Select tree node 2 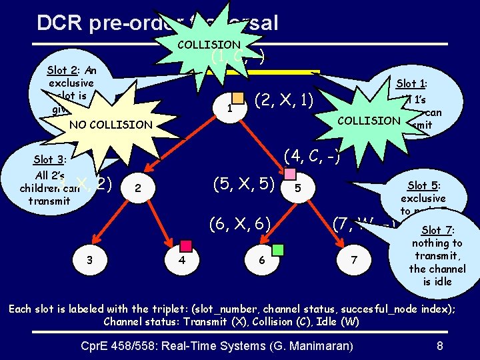[x=137, y=189]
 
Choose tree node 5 [x=297, y=189]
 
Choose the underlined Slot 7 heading [x=437, y=230]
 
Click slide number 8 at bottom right [x=439, y=346]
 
